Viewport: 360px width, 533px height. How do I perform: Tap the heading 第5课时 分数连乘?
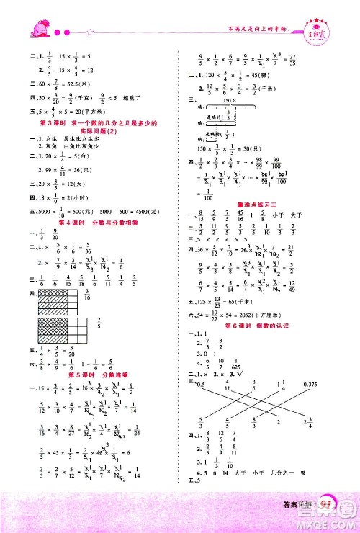coord(87,375)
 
